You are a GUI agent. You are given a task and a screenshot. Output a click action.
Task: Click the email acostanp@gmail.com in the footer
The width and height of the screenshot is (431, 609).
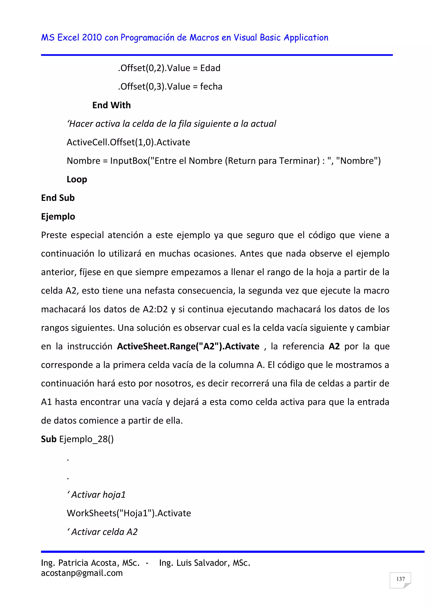(x=82, y=573)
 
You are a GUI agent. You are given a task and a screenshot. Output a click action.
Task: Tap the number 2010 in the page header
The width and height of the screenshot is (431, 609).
(x=92, y=37)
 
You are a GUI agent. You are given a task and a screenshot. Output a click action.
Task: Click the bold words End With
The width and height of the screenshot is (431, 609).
(x=112, y=105)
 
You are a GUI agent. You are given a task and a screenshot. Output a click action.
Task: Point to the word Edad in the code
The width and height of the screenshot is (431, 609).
(x=210, y=68)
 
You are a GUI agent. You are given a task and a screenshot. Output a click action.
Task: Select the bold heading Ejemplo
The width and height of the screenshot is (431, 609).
(x=58, y=217)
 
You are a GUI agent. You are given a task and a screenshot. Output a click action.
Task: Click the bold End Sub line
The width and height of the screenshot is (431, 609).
(x=58, y=198)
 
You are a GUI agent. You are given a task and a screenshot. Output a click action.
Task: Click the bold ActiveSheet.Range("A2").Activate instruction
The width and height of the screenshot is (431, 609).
(x=188, y=346)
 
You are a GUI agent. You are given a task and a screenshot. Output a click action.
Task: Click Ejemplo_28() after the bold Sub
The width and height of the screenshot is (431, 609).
(x=86, y=439)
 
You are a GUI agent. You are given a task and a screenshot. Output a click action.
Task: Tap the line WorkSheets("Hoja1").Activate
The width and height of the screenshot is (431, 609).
(x=129, y=513)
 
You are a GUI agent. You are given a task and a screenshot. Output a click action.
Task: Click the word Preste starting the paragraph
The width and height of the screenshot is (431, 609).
(x=54, y=235)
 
